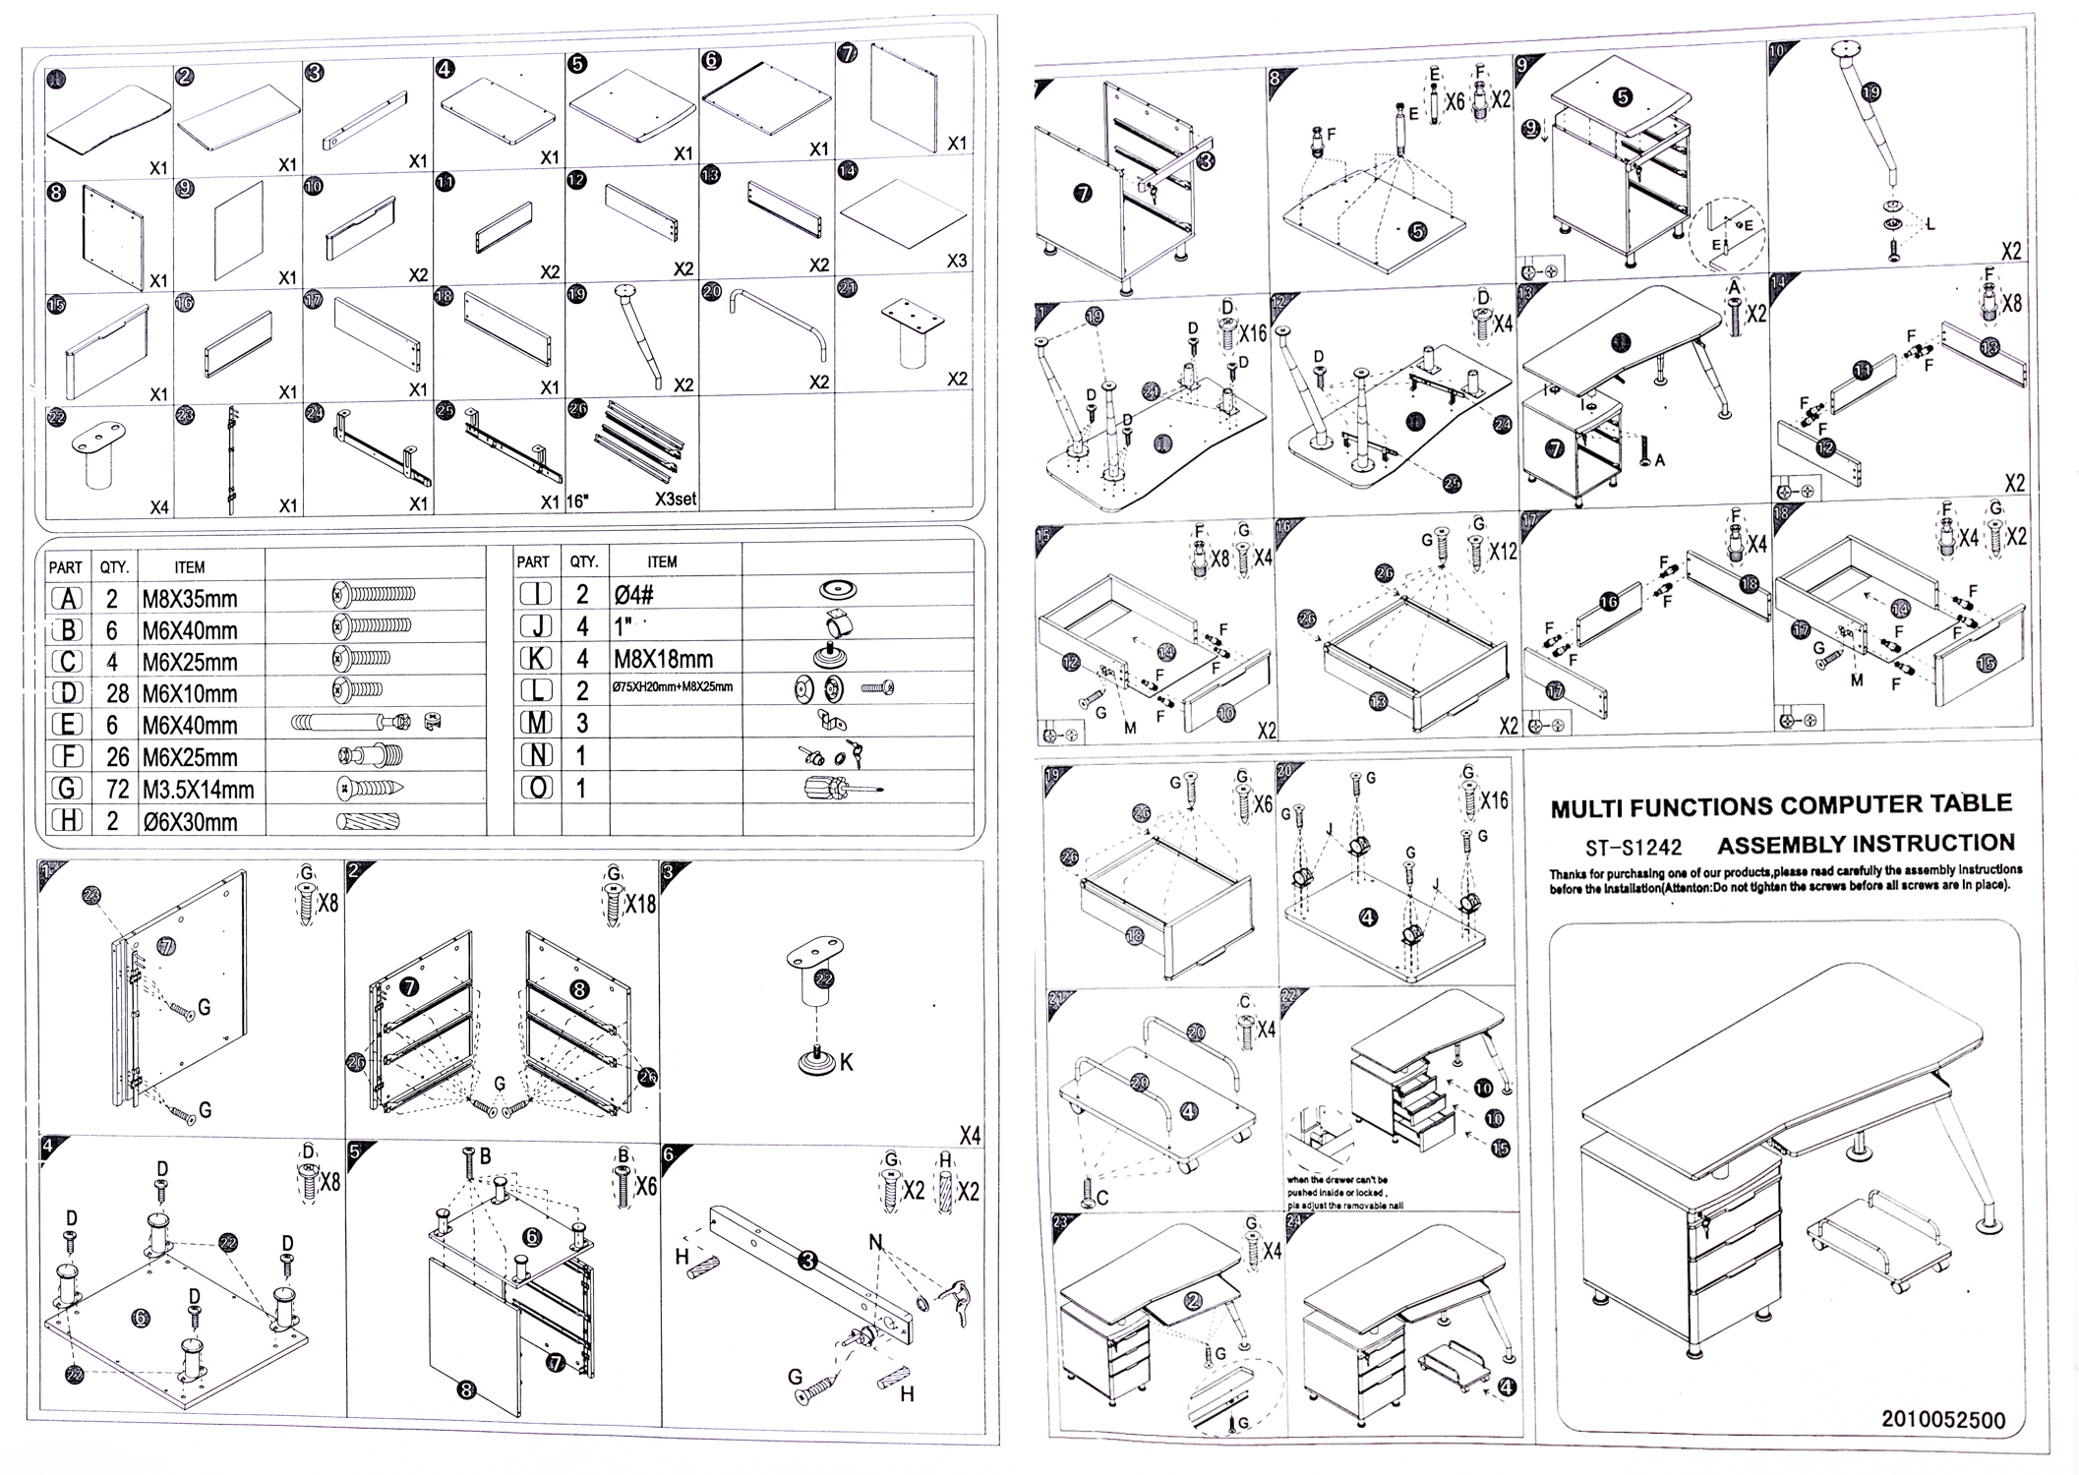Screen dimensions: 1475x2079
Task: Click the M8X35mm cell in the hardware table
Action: [x=190, y=599]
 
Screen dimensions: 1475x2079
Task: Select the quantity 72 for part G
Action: [x=116, y=789]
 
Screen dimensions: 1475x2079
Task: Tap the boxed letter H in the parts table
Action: [x=67, y=821]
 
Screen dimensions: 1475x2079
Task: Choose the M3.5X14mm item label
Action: [x=199, y=789]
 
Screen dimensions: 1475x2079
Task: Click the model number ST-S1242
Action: [x=1633, y=847]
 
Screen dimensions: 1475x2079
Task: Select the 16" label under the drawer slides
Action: [x=578, y=501]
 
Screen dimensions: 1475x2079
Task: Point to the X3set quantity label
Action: [x=675, y=499]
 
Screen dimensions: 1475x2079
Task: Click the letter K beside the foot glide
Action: [x=846, y=1063]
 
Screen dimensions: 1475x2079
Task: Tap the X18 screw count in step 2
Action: [x=638, y=903]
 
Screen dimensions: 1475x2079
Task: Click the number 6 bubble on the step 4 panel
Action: [x=142, y=1318]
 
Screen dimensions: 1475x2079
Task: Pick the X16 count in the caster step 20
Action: [x=1494, y=801]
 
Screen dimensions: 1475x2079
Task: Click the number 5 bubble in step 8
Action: [x=1416, y=231]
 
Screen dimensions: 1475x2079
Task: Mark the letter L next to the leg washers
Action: [x=1930, y=224]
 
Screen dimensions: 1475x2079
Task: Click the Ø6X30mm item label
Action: [x=190, y=822]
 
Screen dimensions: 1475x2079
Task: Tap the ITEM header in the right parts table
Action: [x=662, y=561]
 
